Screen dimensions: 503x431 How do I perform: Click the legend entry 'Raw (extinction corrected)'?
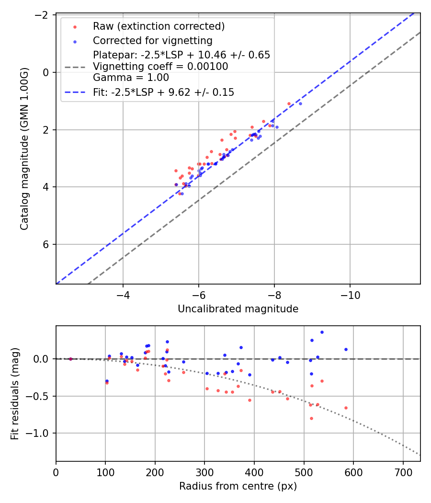159,26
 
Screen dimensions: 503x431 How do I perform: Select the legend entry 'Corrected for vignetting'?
152,40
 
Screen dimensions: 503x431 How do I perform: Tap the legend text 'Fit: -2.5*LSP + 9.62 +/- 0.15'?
163,92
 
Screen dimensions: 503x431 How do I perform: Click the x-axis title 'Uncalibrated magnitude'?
238,309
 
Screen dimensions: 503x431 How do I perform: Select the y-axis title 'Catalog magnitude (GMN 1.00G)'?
25,149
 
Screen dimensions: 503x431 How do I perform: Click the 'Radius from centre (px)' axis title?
238,486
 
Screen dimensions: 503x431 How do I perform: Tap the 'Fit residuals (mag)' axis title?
15,393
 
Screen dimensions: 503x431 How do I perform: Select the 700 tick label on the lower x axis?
403,472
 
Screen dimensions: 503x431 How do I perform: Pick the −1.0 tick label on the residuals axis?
42,433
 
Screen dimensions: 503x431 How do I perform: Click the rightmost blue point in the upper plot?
300,103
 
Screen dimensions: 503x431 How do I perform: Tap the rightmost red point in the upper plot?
289,103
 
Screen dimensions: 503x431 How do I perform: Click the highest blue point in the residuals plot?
322,332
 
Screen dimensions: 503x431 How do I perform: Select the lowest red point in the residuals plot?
311,418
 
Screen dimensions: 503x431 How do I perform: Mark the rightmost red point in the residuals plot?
346,408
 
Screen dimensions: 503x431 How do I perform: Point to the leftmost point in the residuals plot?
70,359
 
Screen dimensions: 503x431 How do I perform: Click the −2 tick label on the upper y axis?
44,15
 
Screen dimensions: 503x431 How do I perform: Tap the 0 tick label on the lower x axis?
56,472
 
